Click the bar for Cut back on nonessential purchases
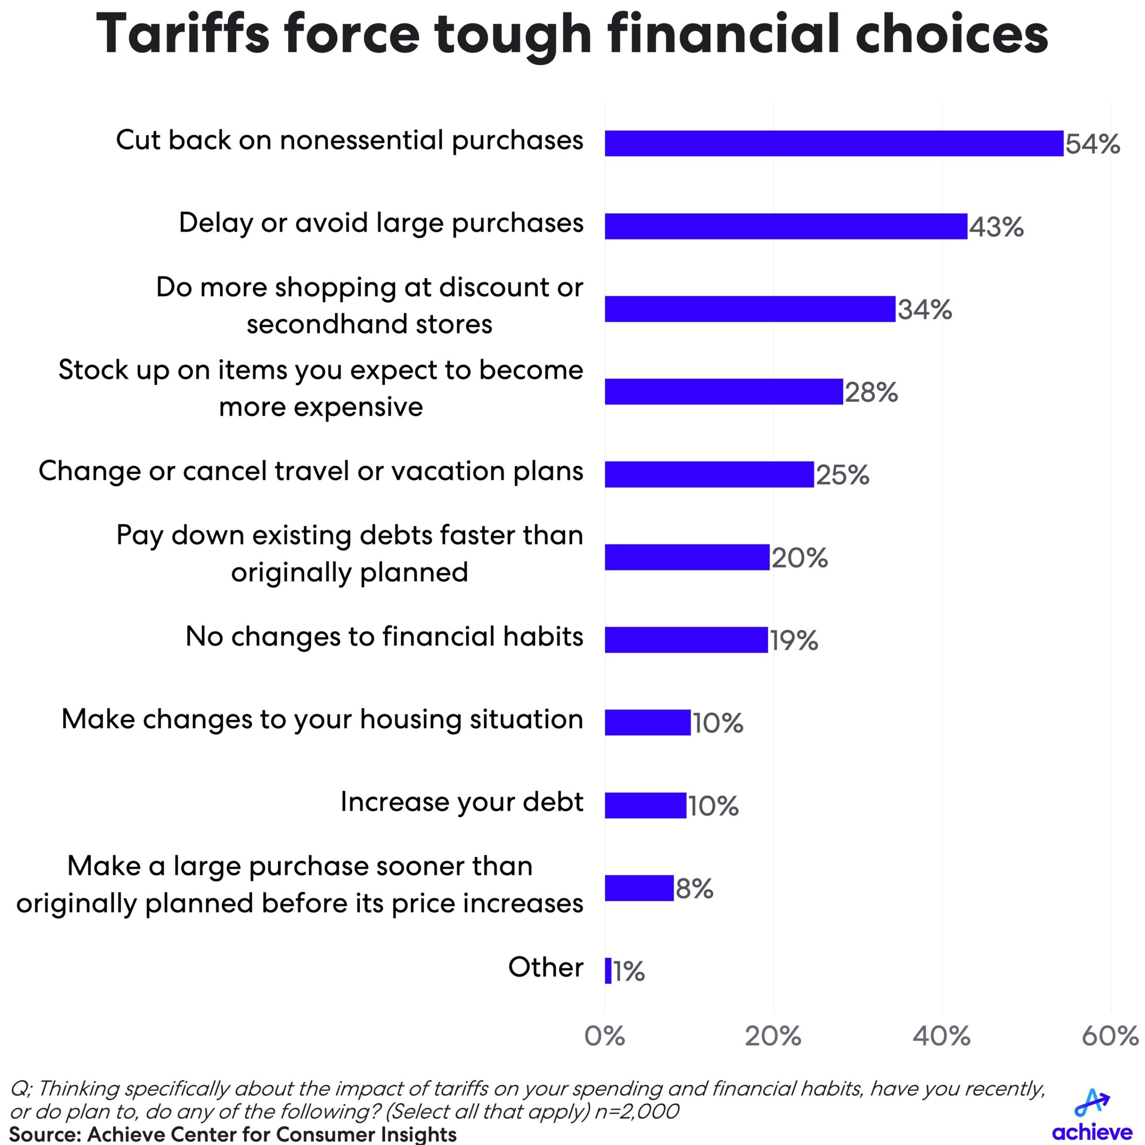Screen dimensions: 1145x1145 click(833, 144)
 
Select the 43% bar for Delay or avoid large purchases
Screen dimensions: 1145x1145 click(786, 226)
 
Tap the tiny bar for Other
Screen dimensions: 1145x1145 click(608, 971)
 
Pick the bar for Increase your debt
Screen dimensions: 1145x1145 click(645, 806)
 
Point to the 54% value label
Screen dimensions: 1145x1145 click(1092, 144)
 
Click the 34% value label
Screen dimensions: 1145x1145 click(924, 310)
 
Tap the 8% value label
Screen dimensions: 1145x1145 click(695, 888)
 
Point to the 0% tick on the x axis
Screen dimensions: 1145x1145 click(605, 1036)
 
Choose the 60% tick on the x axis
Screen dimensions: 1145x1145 click(1109, 1036)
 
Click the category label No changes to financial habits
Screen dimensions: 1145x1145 click(384, 636)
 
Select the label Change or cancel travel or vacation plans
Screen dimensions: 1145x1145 click(310, 471)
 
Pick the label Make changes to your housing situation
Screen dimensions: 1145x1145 click(322, 720)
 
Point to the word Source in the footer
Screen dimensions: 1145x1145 click(44, 1134)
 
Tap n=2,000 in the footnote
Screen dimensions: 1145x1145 click(636, 1111)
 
